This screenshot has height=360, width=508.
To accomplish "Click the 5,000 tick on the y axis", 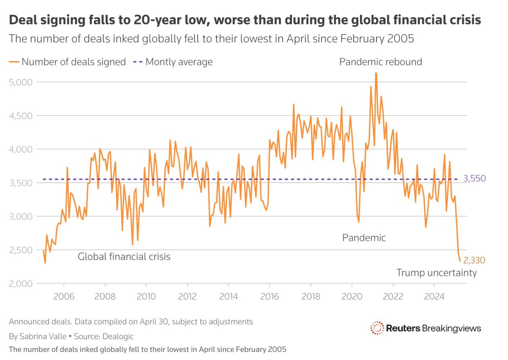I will coord(21,82).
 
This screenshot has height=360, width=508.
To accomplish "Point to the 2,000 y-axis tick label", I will coord(21,283).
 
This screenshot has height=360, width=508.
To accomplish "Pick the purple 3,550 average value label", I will coord(474,179).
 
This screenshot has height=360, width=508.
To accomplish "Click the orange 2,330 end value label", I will coord(474,261).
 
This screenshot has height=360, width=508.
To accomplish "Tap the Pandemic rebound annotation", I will coord(381,62).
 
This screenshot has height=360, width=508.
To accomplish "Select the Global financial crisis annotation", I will coord(124,256).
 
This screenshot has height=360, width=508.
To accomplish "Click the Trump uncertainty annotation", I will coord(436,273).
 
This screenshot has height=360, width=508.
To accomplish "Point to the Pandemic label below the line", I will coord(364,238).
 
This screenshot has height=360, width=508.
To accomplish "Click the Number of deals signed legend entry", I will coord(73,62).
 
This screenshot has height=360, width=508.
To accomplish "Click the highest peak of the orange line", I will coord(375,73).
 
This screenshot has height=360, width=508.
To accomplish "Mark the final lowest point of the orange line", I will coord(460,261).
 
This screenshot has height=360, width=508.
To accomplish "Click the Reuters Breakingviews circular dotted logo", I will coord(377,328).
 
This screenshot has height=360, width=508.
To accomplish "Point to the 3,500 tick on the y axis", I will coord(21,183).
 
